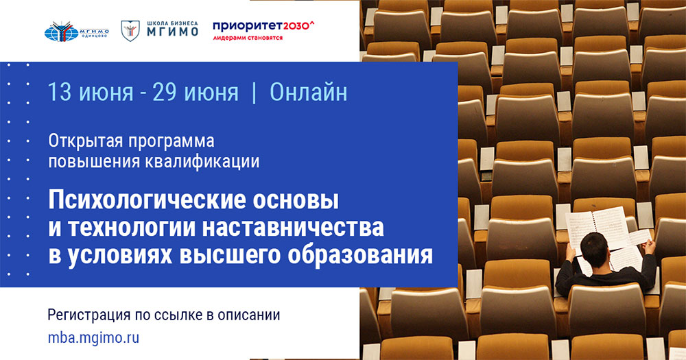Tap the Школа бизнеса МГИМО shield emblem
point(128,29)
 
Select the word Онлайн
point(309,93)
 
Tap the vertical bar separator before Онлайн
point(255,93)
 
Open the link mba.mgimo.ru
point(94,338)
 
